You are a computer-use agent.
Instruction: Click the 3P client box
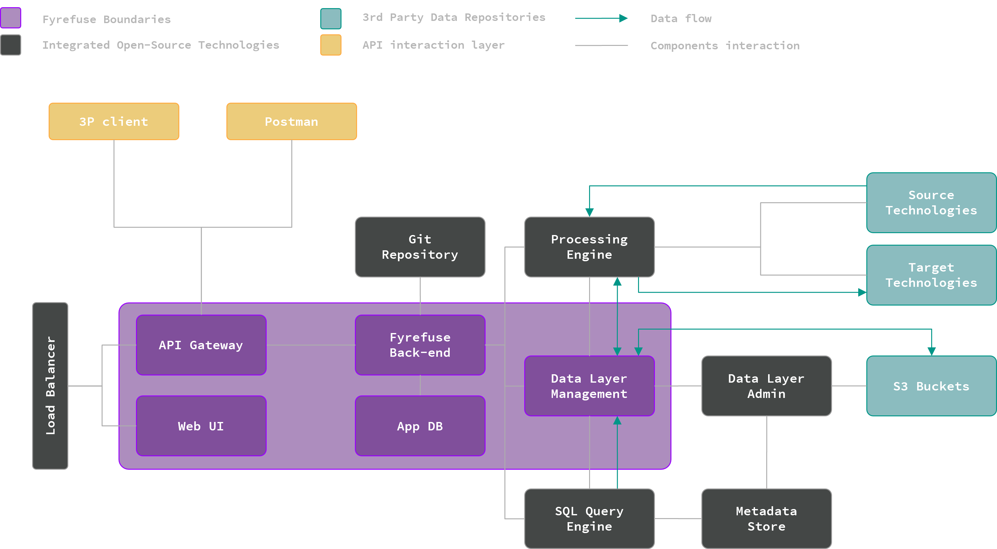click(114, 121)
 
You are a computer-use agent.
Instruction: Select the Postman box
click(292, 121)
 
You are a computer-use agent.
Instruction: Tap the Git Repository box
click(420, 247)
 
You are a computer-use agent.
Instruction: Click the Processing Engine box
click(589, 247)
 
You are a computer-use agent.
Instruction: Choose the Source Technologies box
click(931, 203)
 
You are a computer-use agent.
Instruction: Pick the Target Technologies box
click(931, 275)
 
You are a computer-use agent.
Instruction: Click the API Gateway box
click(201, 345)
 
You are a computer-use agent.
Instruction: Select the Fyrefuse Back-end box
click(420, 345)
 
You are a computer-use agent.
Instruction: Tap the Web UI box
click(201, 426)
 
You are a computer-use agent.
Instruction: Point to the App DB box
click(420, 426)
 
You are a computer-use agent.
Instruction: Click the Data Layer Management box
click(589, 386)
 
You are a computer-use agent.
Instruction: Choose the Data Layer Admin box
click(766, 386)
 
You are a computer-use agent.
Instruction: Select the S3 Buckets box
click(931, 386)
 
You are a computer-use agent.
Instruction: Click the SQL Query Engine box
click(589, 518)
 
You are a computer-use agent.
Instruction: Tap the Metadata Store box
click(766, 518)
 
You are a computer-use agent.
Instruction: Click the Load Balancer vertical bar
click(50, 386)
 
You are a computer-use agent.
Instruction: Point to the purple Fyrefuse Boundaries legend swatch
click(11, 18)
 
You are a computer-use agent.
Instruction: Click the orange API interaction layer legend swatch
click(331, 45)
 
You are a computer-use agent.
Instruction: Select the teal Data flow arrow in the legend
click(601, 18)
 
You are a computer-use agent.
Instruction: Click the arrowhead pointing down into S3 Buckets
click(932, 351)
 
